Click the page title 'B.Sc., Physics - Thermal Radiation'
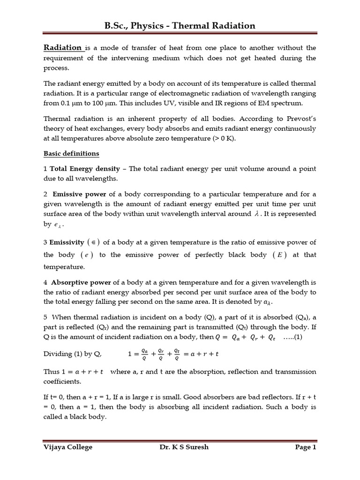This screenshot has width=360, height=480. coord(180,25)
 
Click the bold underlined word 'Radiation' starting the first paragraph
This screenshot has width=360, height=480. coord(62,47)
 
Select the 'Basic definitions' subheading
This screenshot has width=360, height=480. coord(71,153)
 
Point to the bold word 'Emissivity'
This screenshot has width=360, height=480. coord(67,242)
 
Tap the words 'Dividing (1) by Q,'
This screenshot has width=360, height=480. coord(72,354)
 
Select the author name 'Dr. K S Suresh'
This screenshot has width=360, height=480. coord(184,447)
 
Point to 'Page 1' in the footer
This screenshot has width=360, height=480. coord(306,447)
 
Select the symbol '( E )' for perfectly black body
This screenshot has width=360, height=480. coord(282,255)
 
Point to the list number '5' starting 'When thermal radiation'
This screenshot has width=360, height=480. coord(45,316)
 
